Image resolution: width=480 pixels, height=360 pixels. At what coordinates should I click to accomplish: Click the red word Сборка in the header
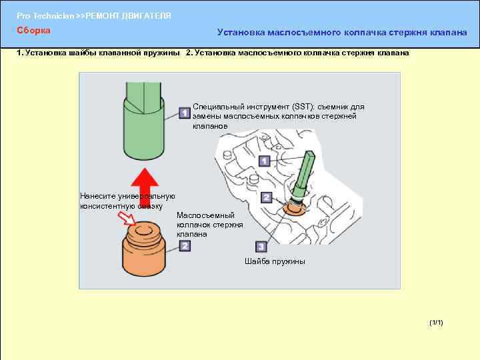[33, 30]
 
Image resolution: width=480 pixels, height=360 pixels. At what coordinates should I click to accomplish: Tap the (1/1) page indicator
[437, 323]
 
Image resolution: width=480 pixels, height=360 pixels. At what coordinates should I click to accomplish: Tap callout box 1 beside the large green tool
[185, 114]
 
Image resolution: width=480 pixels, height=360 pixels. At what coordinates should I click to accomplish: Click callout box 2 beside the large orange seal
[185, 246]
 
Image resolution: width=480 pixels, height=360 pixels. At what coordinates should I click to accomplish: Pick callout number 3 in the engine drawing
[261, 246]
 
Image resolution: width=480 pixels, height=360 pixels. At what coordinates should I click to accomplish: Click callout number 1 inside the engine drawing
[264, 161]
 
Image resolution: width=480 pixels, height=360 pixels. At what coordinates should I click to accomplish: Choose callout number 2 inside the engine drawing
[266, 197]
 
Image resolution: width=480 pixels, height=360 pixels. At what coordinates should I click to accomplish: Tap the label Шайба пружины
[275, 261]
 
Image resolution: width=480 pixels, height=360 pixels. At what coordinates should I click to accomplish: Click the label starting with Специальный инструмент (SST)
[278, 116]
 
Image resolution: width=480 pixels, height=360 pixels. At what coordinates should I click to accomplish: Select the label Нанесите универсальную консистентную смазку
[127, 201]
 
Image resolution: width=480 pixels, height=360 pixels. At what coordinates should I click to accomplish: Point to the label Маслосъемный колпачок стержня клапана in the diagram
[206, 225]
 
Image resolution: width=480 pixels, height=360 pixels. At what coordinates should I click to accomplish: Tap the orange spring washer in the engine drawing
[293, 210]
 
